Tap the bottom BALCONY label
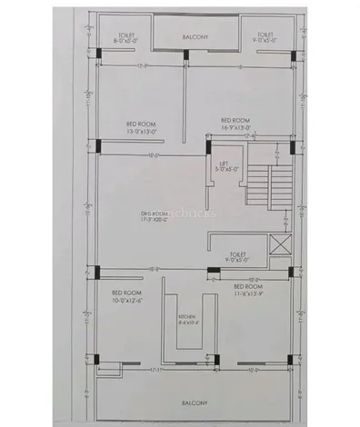point(194,402)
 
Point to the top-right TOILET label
point(266,38)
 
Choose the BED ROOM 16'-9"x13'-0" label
point(235,123)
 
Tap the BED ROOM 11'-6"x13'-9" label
point(246,290)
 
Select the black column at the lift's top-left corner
point(206,142)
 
